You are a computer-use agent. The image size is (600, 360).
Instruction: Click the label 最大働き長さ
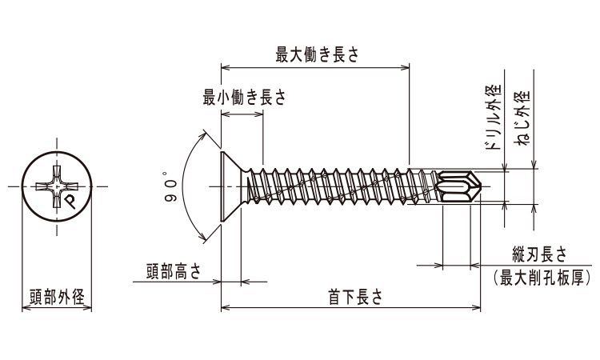pos(316,54)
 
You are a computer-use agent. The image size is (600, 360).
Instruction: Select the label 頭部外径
pos(56,295)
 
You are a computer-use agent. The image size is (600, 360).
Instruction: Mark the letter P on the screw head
pos(70,201)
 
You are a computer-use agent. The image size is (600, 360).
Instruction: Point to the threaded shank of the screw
pos(336,188)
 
